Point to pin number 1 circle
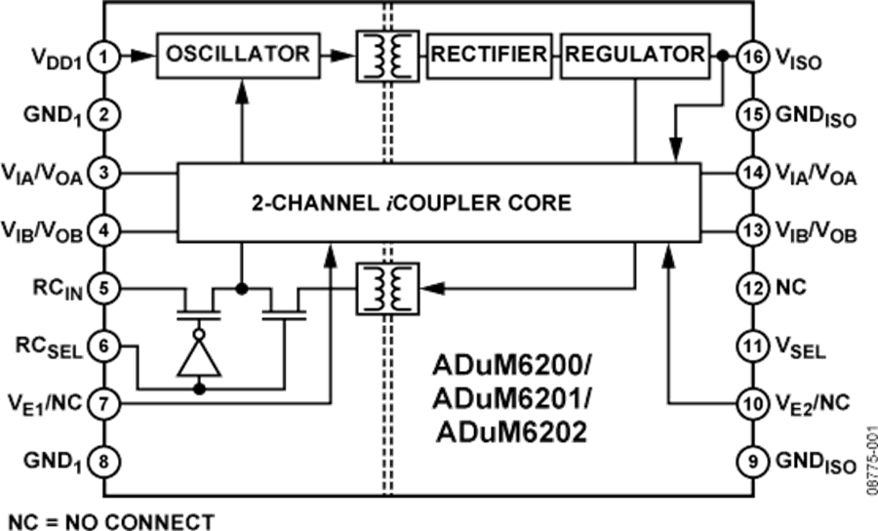(x=104, y=60)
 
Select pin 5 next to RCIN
(x=104, y=288)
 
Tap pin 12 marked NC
(x=752, y=288)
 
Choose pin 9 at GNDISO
(x=752, y=460)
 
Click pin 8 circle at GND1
(x=104, y=460)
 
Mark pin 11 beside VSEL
(x=752, y=346)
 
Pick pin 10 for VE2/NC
(x=752, y=402)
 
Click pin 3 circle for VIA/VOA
(x=104, y=174)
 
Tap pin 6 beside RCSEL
(x=104, y=346)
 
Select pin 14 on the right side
(x=752, y=174)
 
